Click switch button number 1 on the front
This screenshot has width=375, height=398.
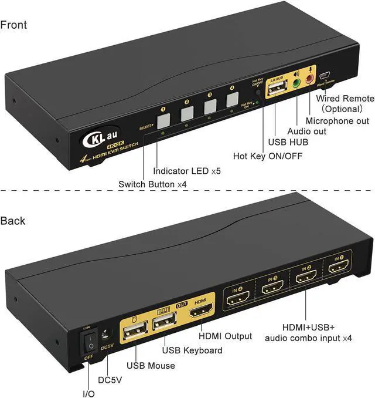165,120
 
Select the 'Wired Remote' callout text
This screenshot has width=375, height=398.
345,99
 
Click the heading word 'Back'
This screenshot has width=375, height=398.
13,221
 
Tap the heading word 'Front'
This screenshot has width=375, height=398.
14,25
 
